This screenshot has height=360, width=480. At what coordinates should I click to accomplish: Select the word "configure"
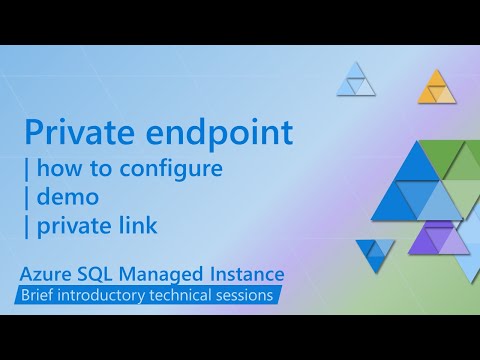tap(174, 168)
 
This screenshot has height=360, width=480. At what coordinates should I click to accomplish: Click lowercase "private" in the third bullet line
tap(72, 226)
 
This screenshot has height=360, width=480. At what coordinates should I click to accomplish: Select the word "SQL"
tap(104, 273)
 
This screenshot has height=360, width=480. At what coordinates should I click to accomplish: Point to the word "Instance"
tap(248, 273)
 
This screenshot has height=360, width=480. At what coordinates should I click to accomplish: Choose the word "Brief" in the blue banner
tap(46, 295)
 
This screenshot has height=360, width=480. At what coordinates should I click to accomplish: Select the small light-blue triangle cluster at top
tap(356, 80)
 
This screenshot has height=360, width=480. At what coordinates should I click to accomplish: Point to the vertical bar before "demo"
tap(27, 197)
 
